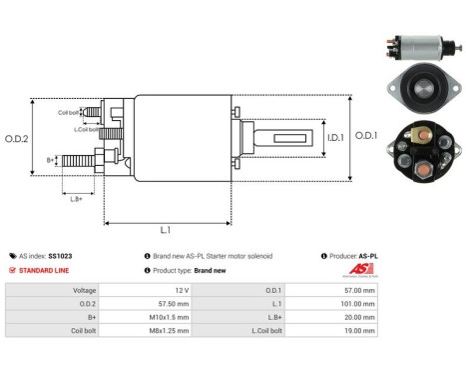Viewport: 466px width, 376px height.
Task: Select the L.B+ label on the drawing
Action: (x=76, y=199)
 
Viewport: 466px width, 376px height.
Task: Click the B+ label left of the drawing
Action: (x=51, y=159)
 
